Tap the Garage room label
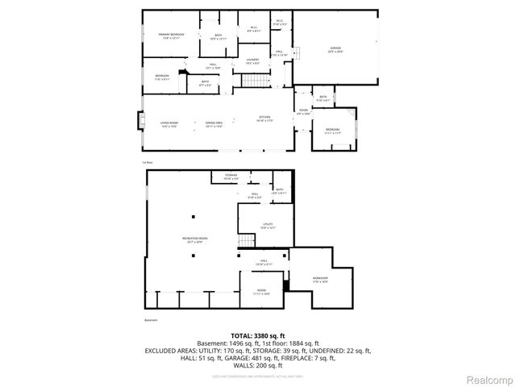click(x=335, y=49)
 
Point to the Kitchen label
click(x=264, y=119)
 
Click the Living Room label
click(x=169, y=123)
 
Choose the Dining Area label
click(x=214, y=123)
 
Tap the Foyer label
click(x=303, y=111)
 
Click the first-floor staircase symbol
click(x=256, y=80)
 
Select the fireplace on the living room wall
click(x=142, y=122)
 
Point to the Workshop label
click(x=320, y=281)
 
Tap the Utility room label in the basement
click(x=267, y=226)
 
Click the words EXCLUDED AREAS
click(x=173, y=351)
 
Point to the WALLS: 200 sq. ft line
click(x=257, y=365)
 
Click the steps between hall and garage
click(x=296, y=54)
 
